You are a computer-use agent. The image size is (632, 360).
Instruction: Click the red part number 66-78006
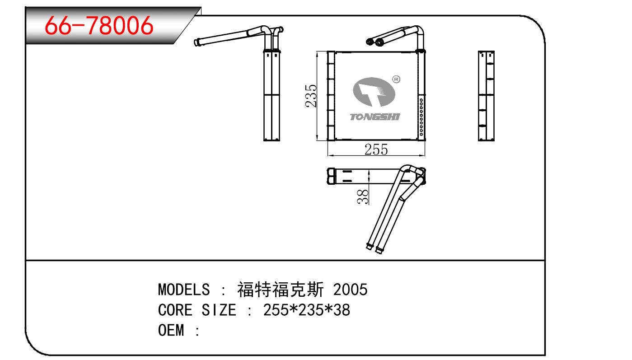(100, 26)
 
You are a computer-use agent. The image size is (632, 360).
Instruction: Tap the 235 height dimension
(311, 95)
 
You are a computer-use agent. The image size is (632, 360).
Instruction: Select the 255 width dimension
(376, 149)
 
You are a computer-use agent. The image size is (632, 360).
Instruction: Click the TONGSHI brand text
(375, 117)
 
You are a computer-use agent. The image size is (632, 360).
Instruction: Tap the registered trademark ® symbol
(396, 79)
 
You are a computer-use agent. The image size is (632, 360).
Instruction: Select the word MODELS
(184, 289)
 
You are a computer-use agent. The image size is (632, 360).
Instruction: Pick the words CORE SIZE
(197, 310)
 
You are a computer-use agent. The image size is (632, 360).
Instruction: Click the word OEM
(172, 331)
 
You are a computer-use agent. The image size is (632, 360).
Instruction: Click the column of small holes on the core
(421, 117)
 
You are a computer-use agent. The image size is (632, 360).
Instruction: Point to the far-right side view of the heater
(487, 95)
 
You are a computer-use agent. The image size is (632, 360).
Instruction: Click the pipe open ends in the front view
(374, 42)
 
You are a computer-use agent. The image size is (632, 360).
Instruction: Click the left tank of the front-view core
(331, 95)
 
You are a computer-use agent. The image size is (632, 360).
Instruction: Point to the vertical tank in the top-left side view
(272, 95)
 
